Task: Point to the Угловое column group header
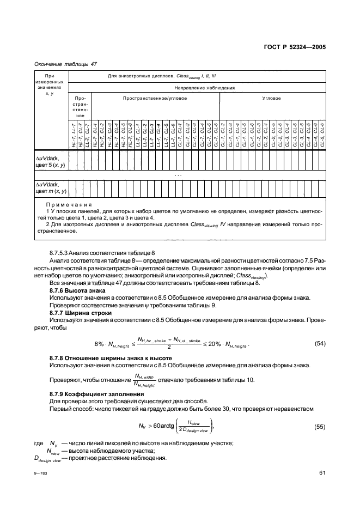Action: (271, 99)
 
